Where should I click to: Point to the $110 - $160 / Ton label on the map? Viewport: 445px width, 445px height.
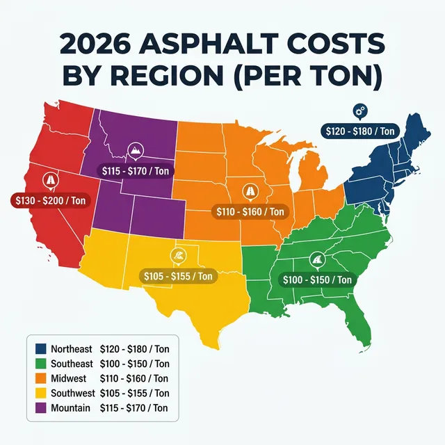(x=250, y=211)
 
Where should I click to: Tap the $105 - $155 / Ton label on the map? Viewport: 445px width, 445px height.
(x=178, y=276)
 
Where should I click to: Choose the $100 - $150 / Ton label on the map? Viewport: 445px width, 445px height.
(x=318, y=280)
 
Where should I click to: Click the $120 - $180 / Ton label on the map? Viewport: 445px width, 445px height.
(x=361, y=130)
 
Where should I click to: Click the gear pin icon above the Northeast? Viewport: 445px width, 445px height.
(x=359, y=111)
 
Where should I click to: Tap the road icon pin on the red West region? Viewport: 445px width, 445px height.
(x=51, y=180)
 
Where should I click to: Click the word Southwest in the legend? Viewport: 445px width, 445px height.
(x=71, y=393)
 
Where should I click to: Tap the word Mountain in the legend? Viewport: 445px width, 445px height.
(x=70, y=407)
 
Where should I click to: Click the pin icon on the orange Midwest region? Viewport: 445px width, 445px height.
(x=249, y=192)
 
